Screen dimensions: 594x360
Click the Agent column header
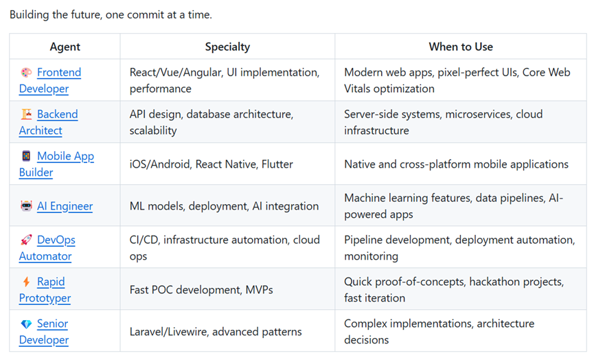tap(65, 47)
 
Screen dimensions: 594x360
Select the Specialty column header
tap(227, 47)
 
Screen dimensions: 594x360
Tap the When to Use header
tap(461, 47)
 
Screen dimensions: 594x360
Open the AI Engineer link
tap(65, 206)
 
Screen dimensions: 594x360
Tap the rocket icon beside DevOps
tap(26, 240)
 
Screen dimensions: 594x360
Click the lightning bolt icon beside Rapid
tap(26, 282)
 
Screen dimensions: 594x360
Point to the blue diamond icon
tap(26, 324)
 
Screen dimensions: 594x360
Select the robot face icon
tap(26, 206)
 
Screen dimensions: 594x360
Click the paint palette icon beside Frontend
tap(26, 72)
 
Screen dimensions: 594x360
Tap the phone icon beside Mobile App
tap(26, 156)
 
